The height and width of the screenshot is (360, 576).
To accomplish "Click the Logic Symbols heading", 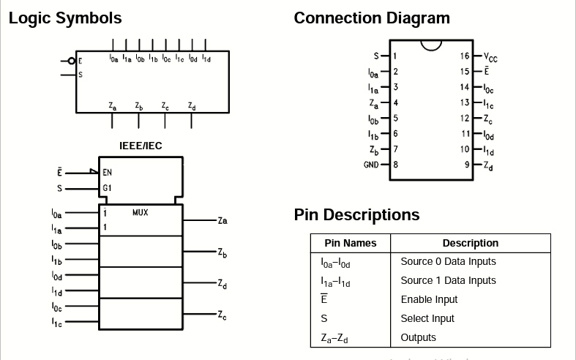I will tap(65, 18).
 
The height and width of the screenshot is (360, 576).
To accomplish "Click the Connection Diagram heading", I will tap(372, 18).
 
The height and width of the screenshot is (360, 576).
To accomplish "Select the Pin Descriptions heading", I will tap(356, 215).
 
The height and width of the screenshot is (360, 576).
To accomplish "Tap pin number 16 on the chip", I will tap(465, 56).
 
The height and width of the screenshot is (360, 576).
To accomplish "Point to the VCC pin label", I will tap(490, 56).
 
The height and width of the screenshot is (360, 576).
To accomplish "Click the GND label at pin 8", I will tap(371, 165).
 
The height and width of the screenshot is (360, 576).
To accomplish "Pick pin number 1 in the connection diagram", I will tap(395, 56).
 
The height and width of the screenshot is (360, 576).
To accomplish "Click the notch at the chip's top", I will tap(431, 45).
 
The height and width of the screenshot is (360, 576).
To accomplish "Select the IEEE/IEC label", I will tap(141, 146).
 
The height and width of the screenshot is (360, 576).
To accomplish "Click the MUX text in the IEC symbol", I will tap(141, 212).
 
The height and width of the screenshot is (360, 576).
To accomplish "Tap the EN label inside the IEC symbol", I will tap(108, 173).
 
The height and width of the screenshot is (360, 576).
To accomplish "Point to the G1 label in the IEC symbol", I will tap(107, 189).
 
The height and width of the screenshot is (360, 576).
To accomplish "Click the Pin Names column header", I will tap(350, 243).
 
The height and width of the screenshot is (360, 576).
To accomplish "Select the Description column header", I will tap(470, 243).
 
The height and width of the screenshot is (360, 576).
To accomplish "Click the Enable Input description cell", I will tap(429, 299).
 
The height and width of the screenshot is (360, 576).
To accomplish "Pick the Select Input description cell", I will tap(427, 318).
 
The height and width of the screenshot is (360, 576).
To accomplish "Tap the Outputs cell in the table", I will tap(418, 337).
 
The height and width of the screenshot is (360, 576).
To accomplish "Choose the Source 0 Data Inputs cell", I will tap(448, 261).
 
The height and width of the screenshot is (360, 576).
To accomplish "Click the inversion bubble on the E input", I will tap(71, 61).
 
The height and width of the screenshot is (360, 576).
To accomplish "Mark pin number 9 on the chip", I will tap(466, 165).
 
